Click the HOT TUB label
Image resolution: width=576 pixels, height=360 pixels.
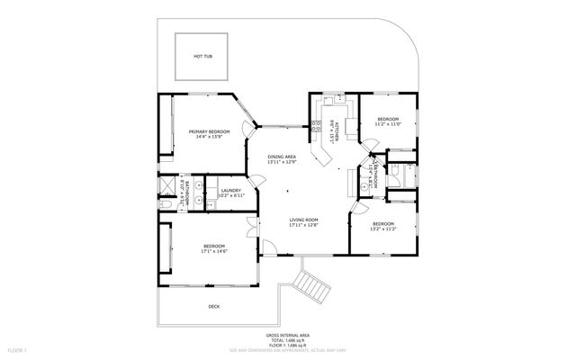(x=202, y=56)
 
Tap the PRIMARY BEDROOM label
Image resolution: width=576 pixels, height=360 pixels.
(x=209, y=131)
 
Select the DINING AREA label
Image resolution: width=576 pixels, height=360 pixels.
(x=282, y=157)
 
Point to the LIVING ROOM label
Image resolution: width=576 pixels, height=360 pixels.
(x=304, y=220)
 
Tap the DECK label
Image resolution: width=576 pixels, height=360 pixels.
(x=213, y=306)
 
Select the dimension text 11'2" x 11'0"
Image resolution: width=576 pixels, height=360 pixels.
(x=388, y=125)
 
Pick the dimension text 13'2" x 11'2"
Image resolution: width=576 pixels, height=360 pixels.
(x=382, y=229)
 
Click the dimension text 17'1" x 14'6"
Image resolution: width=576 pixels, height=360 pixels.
(x=213, y=251)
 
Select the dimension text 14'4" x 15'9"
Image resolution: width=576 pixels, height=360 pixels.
(x=209, y=137)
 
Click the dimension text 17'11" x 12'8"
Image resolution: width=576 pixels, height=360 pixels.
(x=304, y=225)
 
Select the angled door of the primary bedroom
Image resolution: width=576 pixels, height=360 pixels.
(x=247, y=112)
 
